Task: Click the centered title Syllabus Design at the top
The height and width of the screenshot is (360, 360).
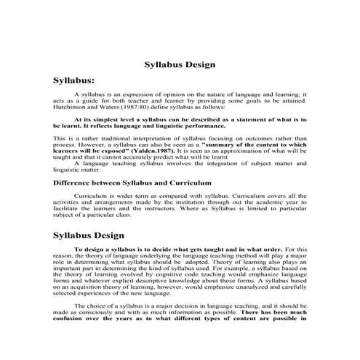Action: (180, 64)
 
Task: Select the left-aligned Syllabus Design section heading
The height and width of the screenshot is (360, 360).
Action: (89, 236)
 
